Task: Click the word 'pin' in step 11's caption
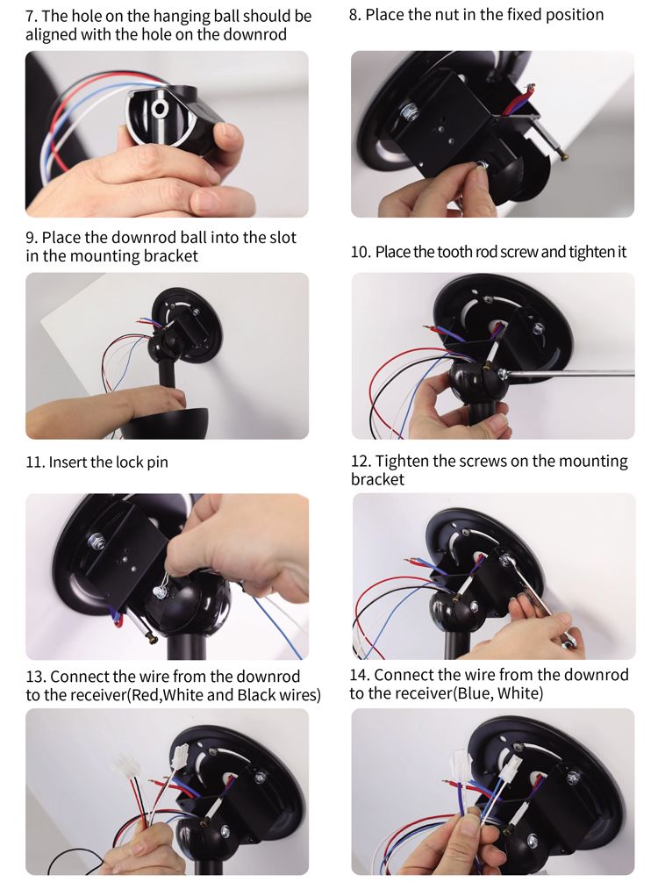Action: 157,463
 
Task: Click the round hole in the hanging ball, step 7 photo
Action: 159,107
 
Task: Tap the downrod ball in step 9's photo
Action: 166,345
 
